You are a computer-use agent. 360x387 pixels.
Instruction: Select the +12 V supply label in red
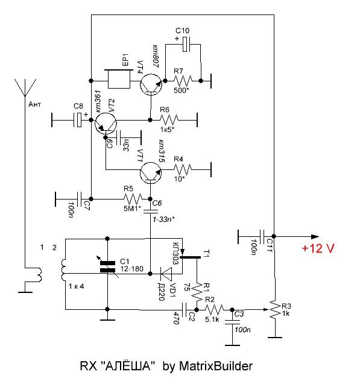pyautogui.click(x=318, y=248)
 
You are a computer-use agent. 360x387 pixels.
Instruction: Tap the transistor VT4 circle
pyautogui.click(x=151, y=84)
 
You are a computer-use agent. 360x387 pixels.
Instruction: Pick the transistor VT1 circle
pyautogui.click(x=151, y=173)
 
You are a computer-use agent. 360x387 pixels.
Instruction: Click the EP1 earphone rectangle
pyautogui.click(x=119, y=79)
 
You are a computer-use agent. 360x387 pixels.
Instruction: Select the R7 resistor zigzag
pyautogui.click(x=183, y=80)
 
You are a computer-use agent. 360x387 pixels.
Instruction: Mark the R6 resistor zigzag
pyautogui.click(x=169, y=120)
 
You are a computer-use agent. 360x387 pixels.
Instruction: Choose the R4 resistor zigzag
pyautogui.click(x=183, y=169)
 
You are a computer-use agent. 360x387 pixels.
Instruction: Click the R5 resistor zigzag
pyautogui.click(x=133, y=199)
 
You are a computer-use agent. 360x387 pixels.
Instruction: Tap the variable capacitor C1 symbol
pyautogui.click(x=108, y=267)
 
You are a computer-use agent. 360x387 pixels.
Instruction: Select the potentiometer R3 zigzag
pyautogui.click(x=274, y=309)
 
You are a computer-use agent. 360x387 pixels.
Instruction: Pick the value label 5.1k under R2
pyautogui.click(x=212, y=319)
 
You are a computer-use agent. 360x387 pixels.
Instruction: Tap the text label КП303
pyautogui.click(x=175, y=253)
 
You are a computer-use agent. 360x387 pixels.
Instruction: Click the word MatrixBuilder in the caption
pyautogui.click(x=215, y=366)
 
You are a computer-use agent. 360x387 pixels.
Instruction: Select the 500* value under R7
pyautogui.click(x=182, y=90)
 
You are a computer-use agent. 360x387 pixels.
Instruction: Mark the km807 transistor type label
pyautogui.click(x=156, y=56)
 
